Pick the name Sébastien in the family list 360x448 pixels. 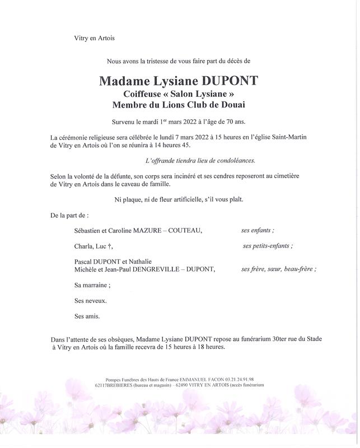tap(90, 230)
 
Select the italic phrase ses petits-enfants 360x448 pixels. tap(267, 246)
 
